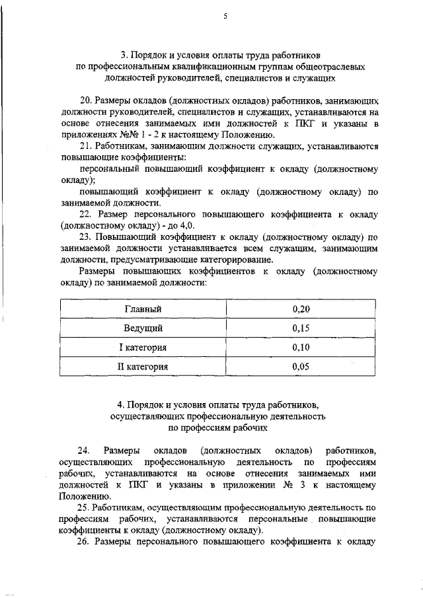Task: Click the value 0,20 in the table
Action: click(301, 309)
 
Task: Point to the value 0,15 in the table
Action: click(301, 328)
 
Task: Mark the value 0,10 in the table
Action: click(301, 348)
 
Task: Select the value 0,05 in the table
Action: click(301, 367)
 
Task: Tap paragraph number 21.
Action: click(85, 145)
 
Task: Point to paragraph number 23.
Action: click(85, 235)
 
